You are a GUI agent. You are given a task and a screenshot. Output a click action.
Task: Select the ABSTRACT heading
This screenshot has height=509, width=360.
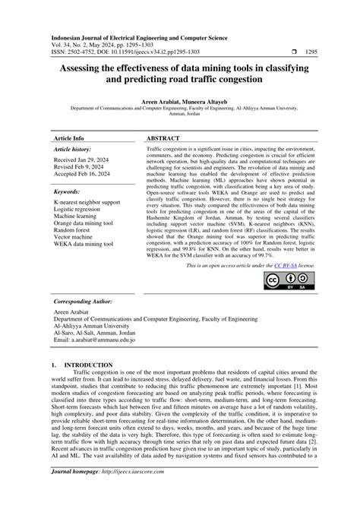[x=164, y=139]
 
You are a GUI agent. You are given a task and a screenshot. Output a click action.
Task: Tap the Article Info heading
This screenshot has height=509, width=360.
[x=68, y=139]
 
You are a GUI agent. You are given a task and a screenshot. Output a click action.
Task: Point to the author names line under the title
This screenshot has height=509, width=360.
[x=179, y=100]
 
